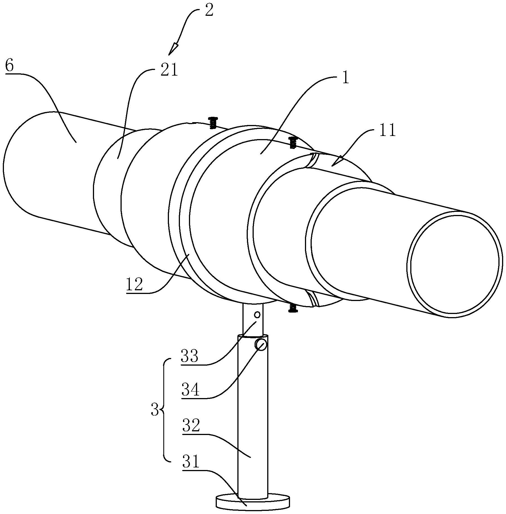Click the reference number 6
pyautogui.click(x=9, y=67)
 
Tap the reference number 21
pyautogui.click(x=169, y=70)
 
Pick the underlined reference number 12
pyautogui.click(x=134, y=285)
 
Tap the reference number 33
pyautogui.click(x=190, y=356)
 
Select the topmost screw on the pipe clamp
pyautogui.click(x=213, y=123)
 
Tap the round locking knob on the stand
pyautogui.click(x=261, y=345)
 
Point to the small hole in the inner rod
pyautogui.click(x=257, y=314)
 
